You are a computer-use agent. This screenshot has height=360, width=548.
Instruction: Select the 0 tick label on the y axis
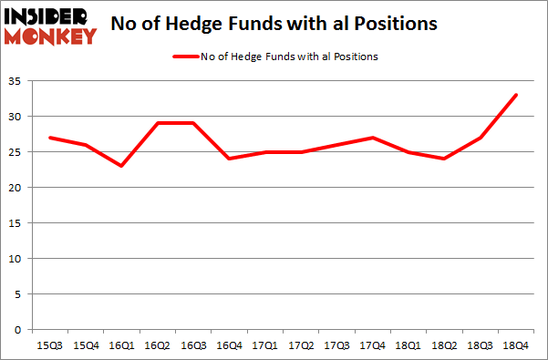tap(19, 329)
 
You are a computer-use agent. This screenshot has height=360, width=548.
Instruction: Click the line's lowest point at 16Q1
tap(120, 166)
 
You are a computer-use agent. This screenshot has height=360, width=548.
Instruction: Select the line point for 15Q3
tap(49, 138)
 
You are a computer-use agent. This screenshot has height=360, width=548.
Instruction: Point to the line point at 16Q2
tap(157, 123)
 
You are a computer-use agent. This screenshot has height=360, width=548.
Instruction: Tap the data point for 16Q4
tap(228, 159)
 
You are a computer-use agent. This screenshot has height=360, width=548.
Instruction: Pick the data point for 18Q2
tap(443, 159)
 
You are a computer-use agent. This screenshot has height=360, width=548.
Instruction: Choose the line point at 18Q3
tap(479, 138)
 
